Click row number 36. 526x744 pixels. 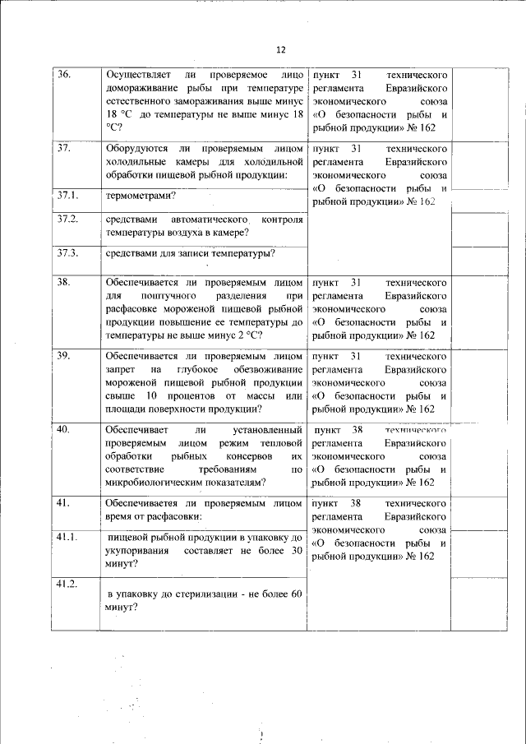click(64, 75)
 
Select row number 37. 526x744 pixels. click(64, 148)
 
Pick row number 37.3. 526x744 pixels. click(67, 252)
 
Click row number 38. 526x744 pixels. click(64, 282)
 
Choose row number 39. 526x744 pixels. click(64, 355)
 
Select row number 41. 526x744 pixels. click(64, 501)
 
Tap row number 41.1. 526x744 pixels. click(67, 537)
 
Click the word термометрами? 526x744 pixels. click(141, 196)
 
